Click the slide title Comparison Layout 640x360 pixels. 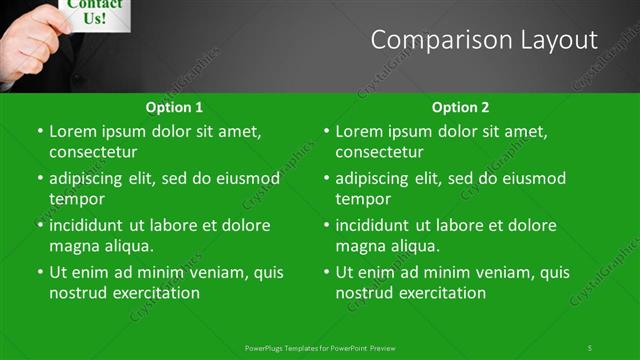coord(484,40)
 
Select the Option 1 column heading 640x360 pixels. coord(174,107)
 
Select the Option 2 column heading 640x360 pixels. coord(460,107)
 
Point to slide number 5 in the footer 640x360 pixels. coord(589,348)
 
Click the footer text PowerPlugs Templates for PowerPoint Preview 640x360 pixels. coord(320,348)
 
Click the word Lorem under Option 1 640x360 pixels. coord(72,131)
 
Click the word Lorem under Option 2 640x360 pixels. coord(358,131)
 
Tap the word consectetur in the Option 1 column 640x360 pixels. coord(93,152)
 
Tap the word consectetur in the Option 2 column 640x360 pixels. coord(379,152)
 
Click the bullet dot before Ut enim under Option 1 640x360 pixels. coord(40,272)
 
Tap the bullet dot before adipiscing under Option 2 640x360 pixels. coord(326,179)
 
